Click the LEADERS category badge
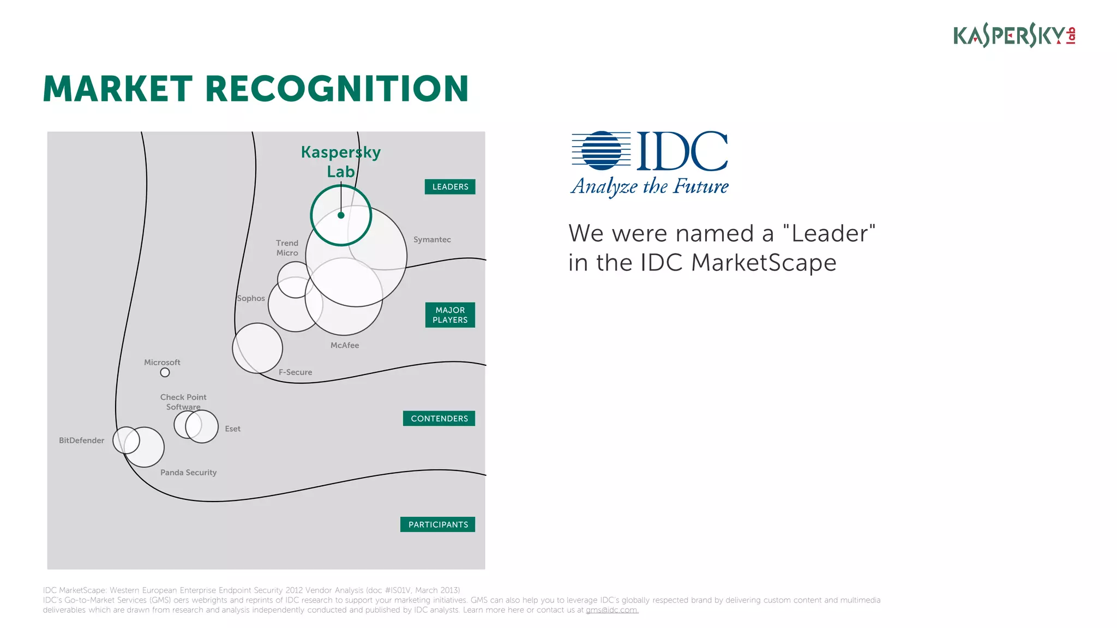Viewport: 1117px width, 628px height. [x=450, y=187]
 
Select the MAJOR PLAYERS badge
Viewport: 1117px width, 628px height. [x=450, y=315]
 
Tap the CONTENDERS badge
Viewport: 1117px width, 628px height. [x=439, y=419]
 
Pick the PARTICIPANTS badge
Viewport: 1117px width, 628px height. [x=438, y=524]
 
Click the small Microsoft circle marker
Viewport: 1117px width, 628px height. [x=165, y=372]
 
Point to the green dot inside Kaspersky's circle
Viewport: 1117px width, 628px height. [x=341, y=215]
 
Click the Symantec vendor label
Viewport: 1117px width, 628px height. [x=432, y=240]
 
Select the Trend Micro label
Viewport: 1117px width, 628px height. [x=287, y=248]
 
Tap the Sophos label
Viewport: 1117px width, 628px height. [x=251, y=298]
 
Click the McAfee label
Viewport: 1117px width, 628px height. [x=345, y=345]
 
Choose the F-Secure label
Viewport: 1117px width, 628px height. [x=296, y=372]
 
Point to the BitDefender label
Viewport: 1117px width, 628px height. [x=82, y=440]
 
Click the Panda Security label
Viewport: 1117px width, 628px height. [x=189, y=473]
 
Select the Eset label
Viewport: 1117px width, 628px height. [x=233, y=429]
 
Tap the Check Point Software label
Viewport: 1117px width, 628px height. [x=183, y=402]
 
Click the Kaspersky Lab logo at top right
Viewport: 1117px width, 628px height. [x=1014, y=35]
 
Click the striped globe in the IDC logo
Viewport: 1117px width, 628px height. [x=602, y=150]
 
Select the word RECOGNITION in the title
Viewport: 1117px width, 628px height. [x=337, y=89]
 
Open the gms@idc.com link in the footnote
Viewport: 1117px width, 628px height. [x=612, y=610]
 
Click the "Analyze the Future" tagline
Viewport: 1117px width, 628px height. [x=650, y=186]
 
